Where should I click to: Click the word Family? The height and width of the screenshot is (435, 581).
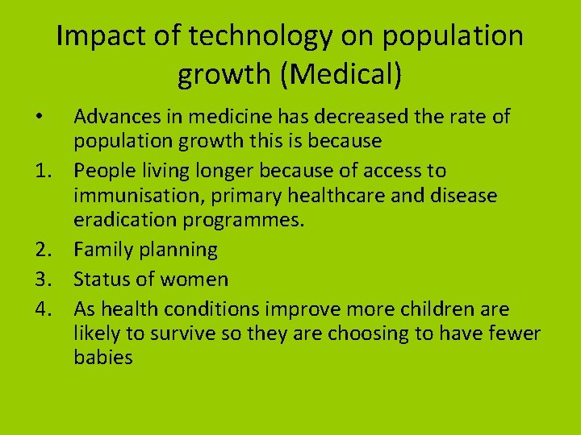click(x=101, y=251)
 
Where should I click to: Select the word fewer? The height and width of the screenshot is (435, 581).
click(x=512, y=333)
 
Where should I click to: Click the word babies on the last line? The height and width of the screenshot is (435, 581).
click(x=102, y=358)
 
